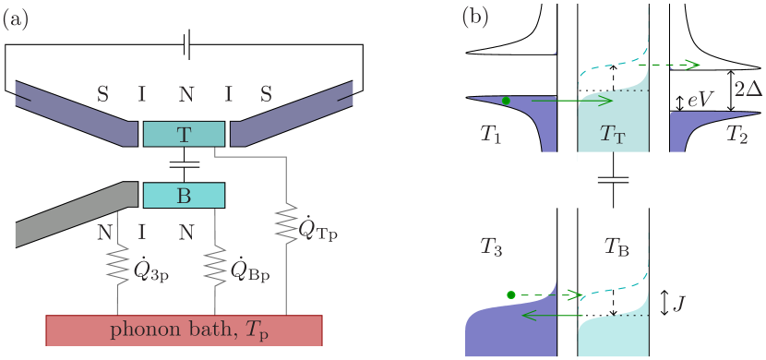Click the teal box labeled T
(x=184, y=134)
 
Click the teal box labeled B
(x=184, y=195)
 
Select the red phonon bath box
(x=184, y=330)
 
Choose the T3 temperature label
(x=492, y=246)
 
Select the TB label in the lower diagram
(x=618, y=246)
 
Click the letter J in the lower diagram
(x=678, y=303)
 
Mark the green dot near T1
(x=506, y=100)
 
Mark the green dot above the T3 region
(x=511, y=294)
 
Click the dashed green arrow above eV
(x=670, y=65)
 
